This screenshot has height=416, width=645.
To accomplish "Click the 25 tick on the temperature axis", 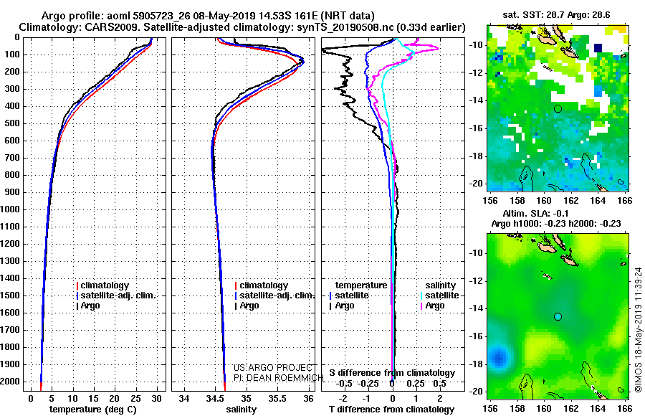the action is tap(135, 399).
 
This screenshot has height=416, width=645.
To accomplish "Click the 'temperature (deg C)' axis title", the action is tap(93, 410).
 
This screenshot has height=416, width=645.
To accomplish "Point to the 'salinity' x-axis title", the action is tap(242, 410).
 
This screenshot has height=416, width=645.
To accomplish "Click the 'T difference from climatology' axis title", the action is tap(392, 410).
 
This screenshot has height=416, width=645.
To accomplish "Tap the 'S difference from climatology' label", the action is tap(392, 373).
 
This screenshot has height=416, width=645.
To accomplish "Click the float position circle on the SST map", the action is tap(558, 109).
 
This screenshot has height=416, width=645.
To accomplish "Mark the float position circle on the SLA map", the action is tap(558, 316).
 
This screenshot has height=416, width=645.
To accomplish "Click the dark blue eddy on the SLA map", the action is tap(500, 356).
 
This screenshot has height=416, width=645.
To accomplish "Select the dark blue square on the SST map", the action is tap(598, 48).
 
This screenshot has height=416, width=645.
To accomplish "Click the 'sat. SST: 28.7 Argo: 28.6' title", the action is tap(556, 15).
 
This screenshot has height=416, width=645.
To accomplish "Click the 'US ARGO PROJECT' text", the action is tap(273, 367).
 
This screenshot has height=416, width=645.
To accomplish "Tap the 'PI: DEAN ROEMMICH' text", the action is tap(279, 378).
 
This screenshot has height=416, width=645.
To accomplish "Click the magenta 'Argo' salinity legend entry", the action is tap(432, 306).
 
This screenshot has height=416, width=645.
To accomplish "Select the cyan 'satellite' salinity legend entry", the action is tap(439, 296).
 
